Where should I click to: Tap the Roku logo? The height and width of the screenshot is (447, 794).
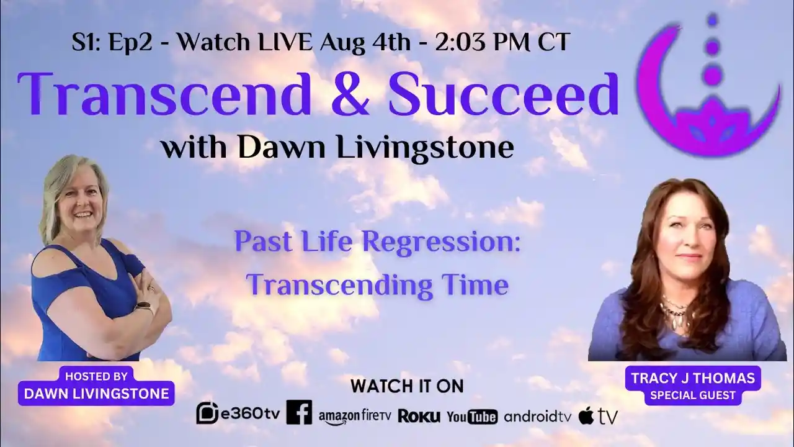tap(419, 416)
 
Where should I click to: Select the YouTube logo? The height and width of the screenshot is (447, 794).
tap(471, 416)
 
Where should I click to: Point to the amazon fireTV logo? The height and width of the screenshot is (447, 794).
tap(355, 416)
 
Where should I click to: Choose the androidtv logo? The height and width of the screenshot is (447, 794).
tap(537, 416)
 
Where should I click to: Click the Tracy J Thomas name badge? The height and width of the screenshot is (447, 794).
tap(693, 385)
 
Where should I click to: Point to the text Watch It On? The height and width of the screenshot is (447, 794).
tap(406, 386)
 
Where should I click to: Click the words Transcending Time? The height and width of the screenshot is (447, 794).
tap(377, 285)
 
